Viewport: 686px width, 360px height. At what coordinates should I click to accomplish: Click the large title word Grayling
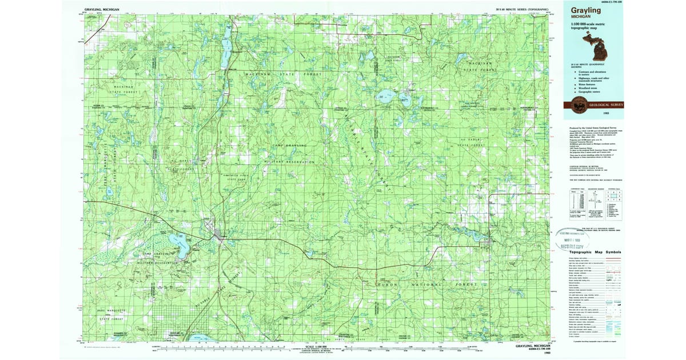[x=585, y=10]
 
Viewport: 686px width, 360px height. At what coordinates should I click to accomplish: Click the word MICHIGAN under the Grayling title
[x=581, y=17]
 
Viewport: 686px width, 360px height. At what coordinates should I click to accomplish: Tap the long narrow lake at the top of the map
[x=226, y=46]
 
